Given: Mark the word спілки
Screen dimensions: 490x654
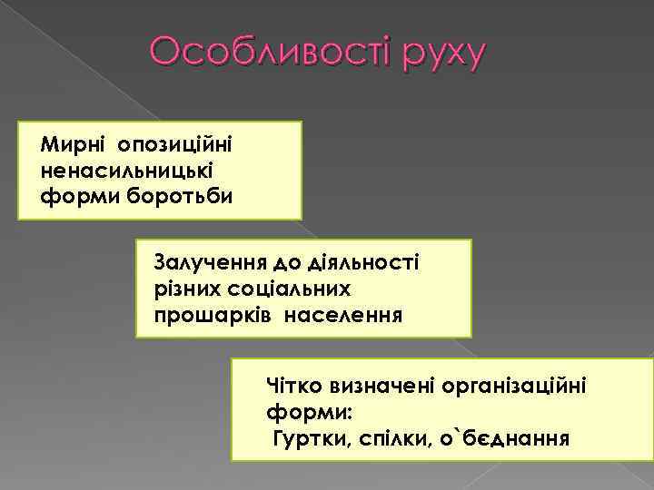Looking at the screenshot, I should coord(396,439).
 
